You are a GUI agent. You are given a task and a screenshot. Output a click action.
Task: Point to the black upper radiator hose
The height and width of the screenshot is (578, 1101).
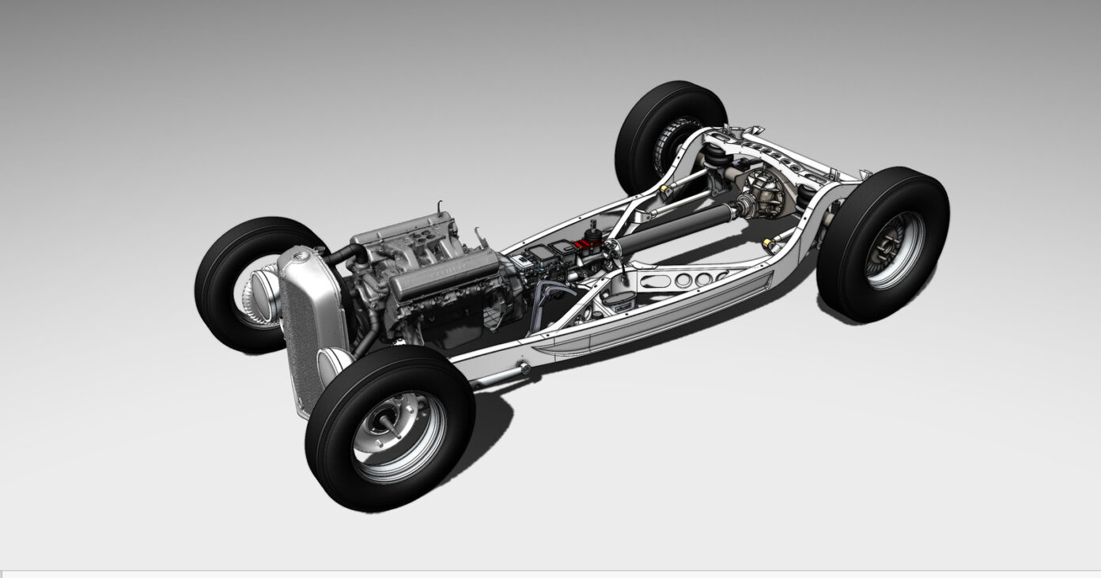click(x=347, y=255)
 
